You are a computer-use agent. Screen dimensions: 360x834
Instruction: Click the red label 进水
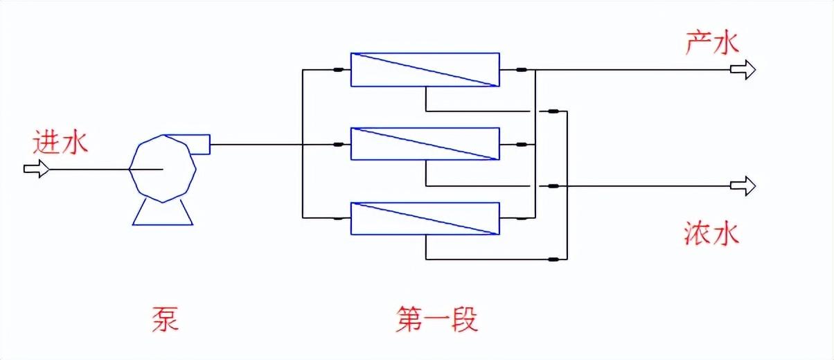[61, 143]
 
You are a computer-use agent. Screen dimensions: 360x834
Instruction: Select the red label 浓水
[711, 233]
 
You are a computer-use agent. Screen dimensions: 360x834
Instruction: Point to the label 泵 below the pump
[165, 319]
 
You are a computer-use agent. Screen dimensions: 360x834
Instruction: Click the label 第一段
[437, 319]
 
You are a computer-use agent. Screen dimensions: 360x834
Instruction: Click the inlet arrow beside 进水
[37, 168]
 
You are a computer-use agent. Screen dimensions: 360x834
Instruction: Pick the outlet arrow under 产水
[743, 69]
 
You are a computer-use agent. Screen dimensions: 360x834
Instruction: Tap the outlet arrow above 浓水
[743, 186]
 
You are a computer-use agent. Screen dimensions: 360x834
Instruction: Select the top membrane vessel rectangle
[425, 69]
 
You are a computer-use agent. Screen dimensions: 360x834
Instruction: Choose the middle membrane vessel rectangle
[425, 145]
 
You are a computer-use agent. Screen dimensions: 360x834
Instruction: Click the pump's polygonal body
[161, 168]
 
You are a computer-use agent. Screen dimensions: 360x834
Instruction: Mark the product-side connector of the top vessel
[522, 69]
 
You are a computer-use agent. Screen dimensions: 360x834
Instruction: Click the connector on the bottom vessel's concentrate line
[553, 260]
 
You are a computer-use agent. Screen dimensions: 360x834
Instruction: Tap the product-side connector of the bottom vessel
[522, 219]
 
